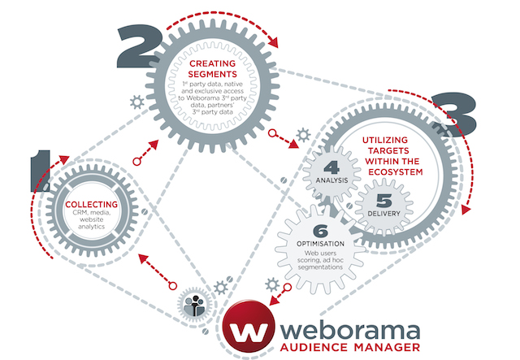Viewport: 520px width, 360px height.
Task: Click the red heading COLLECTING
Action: point(91,203)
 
